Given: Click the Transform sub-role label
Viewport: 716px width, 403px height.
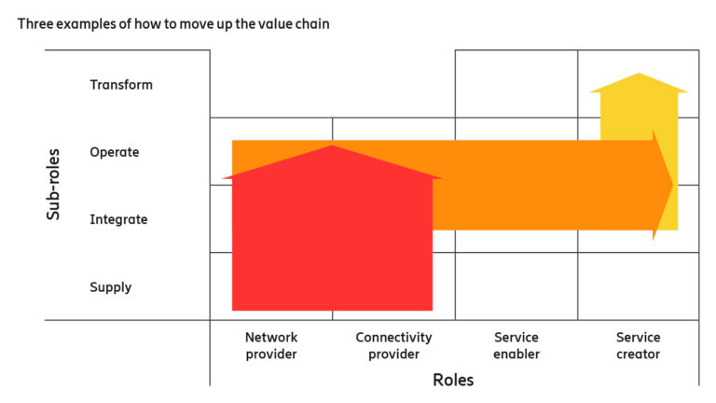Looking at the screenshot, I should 121,85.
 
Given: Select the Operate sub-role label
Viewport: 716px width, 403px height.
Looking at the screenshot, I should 115,152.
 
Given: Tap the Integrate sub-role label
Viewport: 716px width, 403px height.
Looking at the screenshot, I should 118,220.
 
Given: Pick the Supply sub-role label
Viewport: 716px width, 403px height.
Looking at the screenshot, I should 110,287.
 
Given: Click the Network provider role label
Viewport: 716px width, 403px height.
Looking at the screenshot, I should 270,346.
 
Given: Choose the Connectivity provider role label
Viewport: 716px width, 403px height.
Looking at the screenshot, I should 393,346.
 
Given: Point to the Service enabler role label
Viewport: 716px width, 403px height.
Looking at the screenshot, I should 516,346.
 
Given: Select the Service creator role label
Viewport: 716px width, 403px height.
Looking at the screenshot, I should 639,346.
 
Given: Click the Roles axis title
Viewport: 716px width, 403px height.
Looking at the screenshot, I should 453,381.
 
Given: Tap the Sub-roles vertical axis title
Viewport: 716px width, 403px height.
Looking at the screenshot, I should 54,184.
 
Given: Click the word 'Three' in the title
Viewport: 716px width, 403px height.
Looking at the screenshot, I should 34,23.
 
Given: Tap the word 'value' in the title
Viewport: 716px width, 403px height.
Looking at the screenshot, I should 270,23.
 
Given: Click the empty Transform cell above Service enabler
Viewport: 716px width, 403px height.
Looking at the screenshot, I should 516,84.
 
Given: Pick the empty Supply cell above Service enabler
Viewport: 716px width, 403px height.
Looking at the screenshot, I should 516,286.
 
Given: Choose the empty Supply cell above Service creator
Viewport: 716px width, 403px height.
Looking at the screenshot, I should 639,286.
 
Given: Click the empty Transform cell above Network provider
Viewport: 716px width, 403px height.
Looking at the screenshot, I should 271,84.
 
